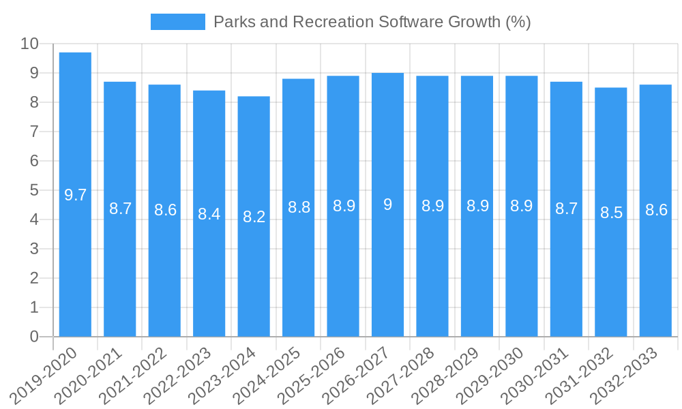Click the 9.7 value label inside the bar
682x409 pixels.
tap(75, 195)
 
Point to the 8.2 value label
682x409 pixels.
tap(254, 217)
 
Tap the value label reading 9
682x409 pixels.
tap(387, 204)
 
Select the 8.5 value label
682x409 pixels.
tap(611, 213)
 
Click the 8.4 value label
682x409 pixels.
tap(209, 214)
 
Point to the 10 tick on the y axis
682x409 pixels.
tap(29, 44)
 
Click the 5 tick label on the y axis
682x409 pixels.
tap(34, 190)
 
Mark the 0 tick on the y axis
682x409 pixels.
tap(34, 337)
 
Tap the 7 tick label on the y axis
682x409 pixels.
tap(34, 132)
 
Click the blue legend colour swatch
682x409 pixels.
tap(177, 22)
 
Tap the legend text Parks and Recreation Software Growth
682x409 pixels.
tap(372, 22)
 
